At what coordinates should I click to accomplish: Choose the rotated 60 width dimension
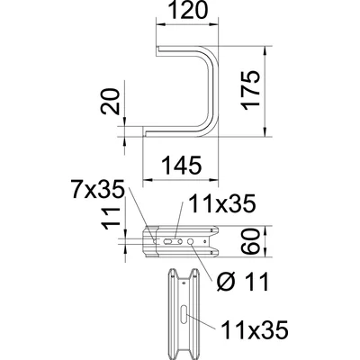click(254, 240)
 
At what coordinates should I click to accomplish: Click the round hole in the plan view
click(190, 241)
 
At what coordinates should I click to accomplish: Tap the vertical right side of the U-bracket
click(216, 90)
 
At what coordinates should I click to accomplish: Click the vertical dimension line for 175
click(266, 90)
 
